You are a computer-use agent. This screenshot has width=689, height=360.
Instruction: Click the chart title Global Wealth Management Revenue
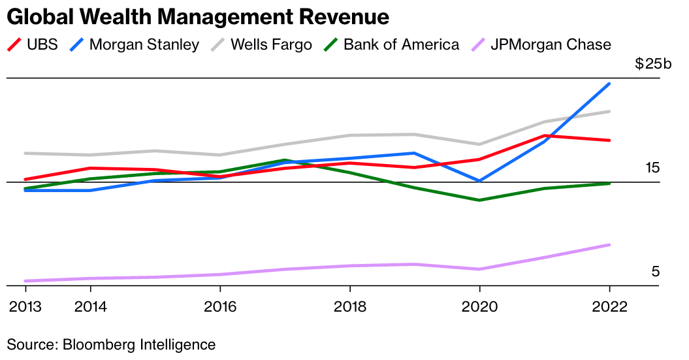(198, 16)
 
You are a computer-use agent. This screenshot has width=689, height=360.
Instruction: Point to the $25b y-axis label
(652, 64)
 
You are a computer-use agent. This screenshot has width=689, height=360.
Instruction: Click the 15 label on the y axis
(652, 168)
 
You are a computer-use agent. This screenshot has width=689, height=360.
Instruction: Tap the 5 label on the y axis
(655, 272)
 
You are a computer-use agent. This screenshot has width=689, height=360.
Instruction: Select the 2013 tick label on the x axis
(25, 307)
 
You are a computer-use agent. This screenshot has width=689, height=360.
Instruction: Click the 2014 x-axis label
(90, 307)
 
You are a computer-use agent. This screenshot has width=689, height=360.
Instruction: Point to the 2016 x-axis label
(220, 307)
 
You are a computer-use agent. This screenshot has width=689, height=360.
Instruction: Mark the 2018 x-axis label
(350, 307)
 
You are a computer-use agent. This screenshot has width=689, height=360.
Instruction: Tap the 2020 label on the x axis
(480, 307)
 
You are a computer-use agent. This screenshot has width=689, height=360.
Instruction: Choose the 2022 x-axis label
(609, 307)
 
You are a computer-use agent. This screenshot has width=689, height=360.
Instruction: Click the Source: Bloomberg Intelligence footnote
(111, 344)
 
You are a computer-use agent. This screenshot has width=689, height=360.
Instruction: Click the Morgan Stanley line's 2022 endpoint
(609, 84)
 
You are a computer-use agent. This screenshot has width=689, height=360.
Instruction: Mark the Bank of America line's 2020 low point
(480, 200)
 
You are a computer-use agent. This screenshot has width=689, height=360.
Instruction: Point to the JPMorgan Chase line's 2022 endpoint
(609, 245)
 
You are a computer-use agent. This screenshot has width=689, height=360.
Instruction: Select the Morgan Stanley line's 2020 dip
(480, 181)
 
